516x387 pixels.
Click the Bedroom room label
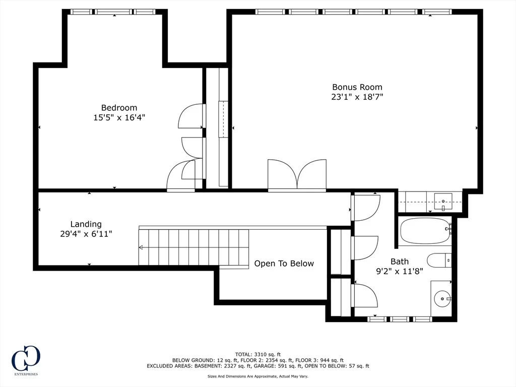click(119, 108)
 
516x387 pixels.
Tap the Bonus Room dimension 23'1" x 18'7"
click(357, 97)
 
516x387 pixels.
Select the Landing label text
click(86, 224)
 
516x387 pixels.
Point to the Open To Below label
click(284, 264)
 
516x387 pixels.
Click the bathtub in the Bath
click(425, 231)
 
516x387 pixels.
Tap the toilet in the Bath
click(439, 261)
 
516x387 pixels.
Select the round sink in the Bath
click(442, 299)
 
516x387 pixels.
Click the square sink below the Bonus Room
click(443, 202)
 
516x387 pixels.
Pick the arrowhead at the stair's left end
click(141, 247)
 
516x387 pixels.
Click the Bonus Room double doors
click(297, 175)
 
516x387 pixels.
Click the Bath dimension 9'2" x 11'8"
click(399, 272)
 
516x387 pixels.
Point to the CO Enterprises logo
click(26, 360)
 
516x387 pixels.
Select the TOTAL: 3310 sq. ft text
click(257, 354)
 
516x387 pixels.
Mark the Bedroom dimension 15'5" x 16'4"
click(119, 117)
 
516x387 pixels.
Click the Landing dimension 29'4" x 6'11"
click(86, 234)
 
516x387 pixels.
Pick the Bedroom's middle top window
click(114, 12)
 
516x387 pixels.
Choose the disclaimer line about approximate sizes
click(257, 376)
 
